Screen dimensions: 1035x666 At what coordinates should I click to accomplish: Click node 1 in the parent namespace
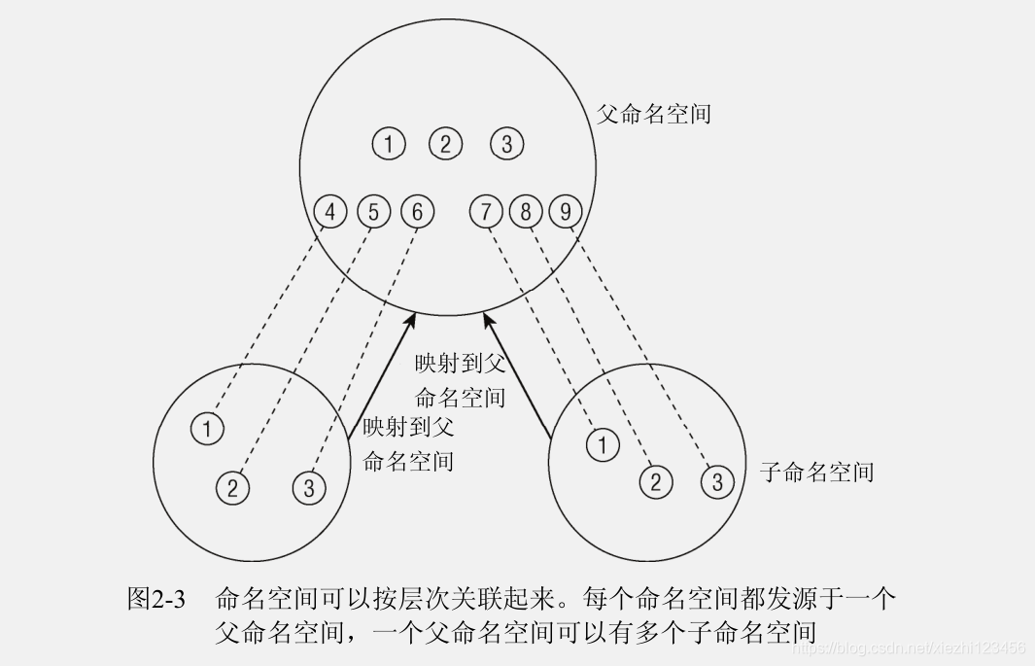pyautogui.click(x=388, y=144)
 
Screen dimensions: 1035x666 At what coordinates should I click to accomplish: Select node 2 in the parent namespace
pyautogui.click(x=446, y=144)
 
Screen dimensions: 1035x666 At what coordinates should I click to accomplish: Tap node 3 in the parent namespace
pyautogui.click(x=506, y=144)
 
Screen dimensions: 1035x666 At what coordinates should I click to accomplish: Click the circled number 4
pyautogui.click(x=330, y=211)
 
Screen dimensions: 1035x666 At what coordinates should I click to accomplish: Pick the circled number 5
pyautogui.click(x=373, y=211)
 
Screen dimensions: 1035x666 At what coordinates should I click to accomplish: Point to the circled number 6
pyautogui.click(x=417, y=211)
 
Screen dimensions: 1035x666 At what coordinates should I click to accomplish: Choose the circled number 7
pyautogui.click(x=486, y=211)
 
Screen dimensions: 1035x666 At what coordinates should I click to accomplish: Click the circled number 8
pyautogui.click(x=526, y=211)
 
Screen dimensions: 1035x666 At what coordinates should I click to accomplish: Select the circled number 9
pyautogui.click(x=565, y=211)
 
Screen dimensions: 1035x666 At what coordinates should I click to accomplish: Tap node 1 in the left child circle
pyautogui.click(x=208, y=428)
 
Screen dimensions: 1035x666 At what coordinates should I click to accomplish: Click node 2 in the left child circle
pyautogui.click(x=232, y=486)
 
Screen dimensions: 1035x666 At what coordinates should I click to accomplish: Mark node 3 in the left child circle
pyautogui.click(x=309, y=486)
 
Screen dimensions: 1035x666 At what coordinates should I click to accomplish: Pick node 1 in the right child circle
pyautogui.click(x=603, y=445)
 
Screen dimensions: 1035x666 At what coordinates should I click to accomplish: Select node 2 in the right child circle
pyautogui.click(x=655, y=481)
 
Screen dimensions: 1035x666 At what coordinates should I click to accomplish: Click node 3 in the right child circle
pyautogui.click(x=717, y=481)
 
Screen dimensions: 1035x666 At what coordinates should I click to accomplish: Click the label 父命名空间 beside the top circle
pyautogui.click(x=653, y=114)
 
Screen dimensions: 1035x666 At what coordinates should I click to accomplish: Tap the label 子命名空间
pyautogui.click(x=816, y=473)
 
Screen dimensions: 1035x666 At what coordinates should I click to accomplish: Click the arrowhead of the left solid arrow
pyautogui.click(x=415, y=317)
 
